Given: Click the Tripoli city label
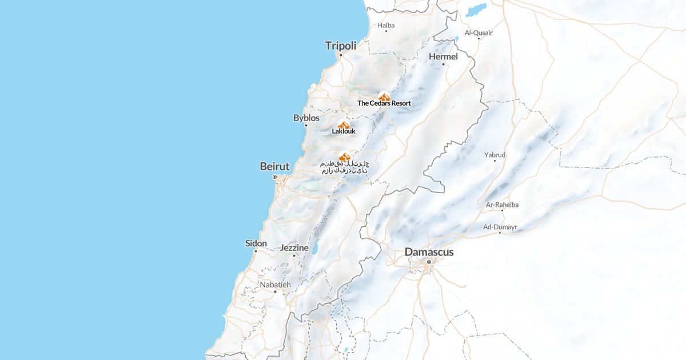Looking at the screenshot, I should coord(341,46).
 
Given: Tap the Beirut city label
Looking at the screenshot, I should coord(274,166).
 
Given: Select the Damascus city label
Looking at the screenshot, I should coord(429,251).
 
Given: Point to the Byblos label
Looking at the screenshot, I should coord(306,118).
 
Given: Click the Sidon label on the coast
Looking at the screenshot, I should coord(256,243).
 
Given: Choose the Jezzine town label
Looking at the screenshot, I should coord(294,248).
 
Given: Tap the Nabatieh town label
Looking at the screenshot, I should coord(275,285).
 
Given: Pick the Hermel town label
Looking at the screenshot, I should coord(443,57).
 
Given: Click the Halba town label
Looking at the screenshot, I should coord(386,25).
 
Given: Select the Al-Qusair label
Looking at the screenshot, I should coord(478,33).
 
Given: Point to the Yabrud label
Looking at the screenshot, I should coord(494,154).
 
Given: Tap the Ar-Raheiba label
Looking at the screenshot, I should coord(502,205).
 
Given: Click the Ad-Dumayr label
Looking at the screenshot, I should coord(500,227).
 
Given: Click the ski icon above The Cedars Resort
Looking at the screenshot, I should coord(384,97).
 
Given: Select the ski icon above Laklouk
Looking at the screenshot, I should coord(344,125).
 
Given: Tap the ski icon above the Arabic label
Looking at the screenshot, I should coord(344,156).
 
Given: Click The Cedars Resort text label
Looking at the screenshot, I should coord(384,103).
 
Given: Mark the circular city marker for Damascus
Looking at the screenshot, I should coord(429,262).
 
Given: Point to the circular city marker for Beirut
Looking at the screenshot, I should coord(274,177).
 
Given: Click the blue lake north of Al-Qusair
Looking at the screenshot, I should coord(476,10).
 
